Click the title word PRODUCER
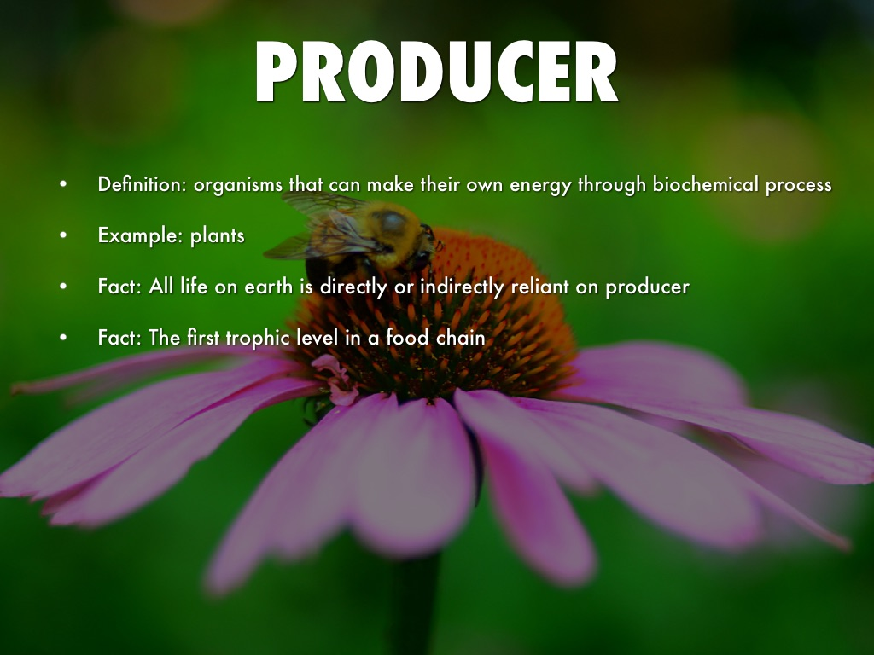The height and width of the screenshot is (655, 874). pyautogui.click(x=436, y=72)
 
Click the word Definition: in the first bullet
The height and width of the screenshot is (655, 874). pyautogui.click(x=143, y=184)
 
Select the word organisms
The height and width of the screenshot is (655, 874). pyautogui.click(x=238, y=185)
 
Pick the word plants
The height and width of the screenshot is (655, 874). pyautogui.click(x=218, y=236)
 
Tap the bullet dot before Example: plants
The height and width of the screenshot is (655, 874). pyautogui.click(x=63, y=235)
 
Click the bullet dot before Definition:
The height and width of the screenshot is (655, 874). pyautogui.click(x=63, y=184)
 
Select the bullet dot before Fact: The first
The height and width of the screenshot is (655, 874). pyautogui.click(x=63, y=338)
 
